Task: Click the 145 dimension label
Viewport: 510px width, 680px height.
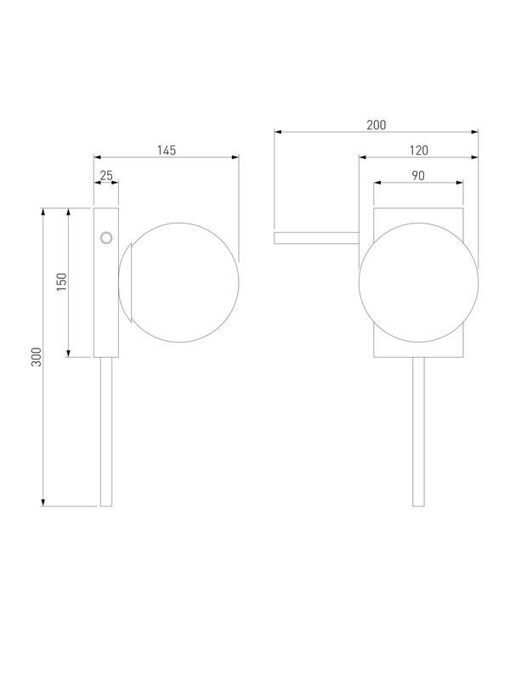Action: click(167, 150)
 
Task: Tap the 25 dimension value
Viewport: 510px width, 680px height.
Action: click(106, 176)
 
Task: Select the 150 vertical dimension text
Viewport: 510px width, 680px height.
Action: click(62, 282)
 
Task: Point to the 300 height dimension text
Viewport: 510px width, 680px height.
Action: click(37, 357)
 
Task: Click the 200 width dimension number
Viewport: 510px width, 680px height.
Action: click(376, 125)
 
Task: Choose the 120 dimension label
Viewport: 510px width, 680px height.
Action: click(419, 150)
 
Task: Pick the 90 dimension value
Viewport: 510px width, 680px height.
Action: click(418, 176)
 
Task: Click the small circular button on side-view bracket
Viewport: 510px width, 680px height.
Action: click(106, 238)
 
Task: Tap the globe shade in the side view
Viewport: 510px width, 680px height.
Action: click(178, 283)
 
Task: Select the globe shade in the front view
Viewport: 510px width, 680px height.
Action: click(419, 283)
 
